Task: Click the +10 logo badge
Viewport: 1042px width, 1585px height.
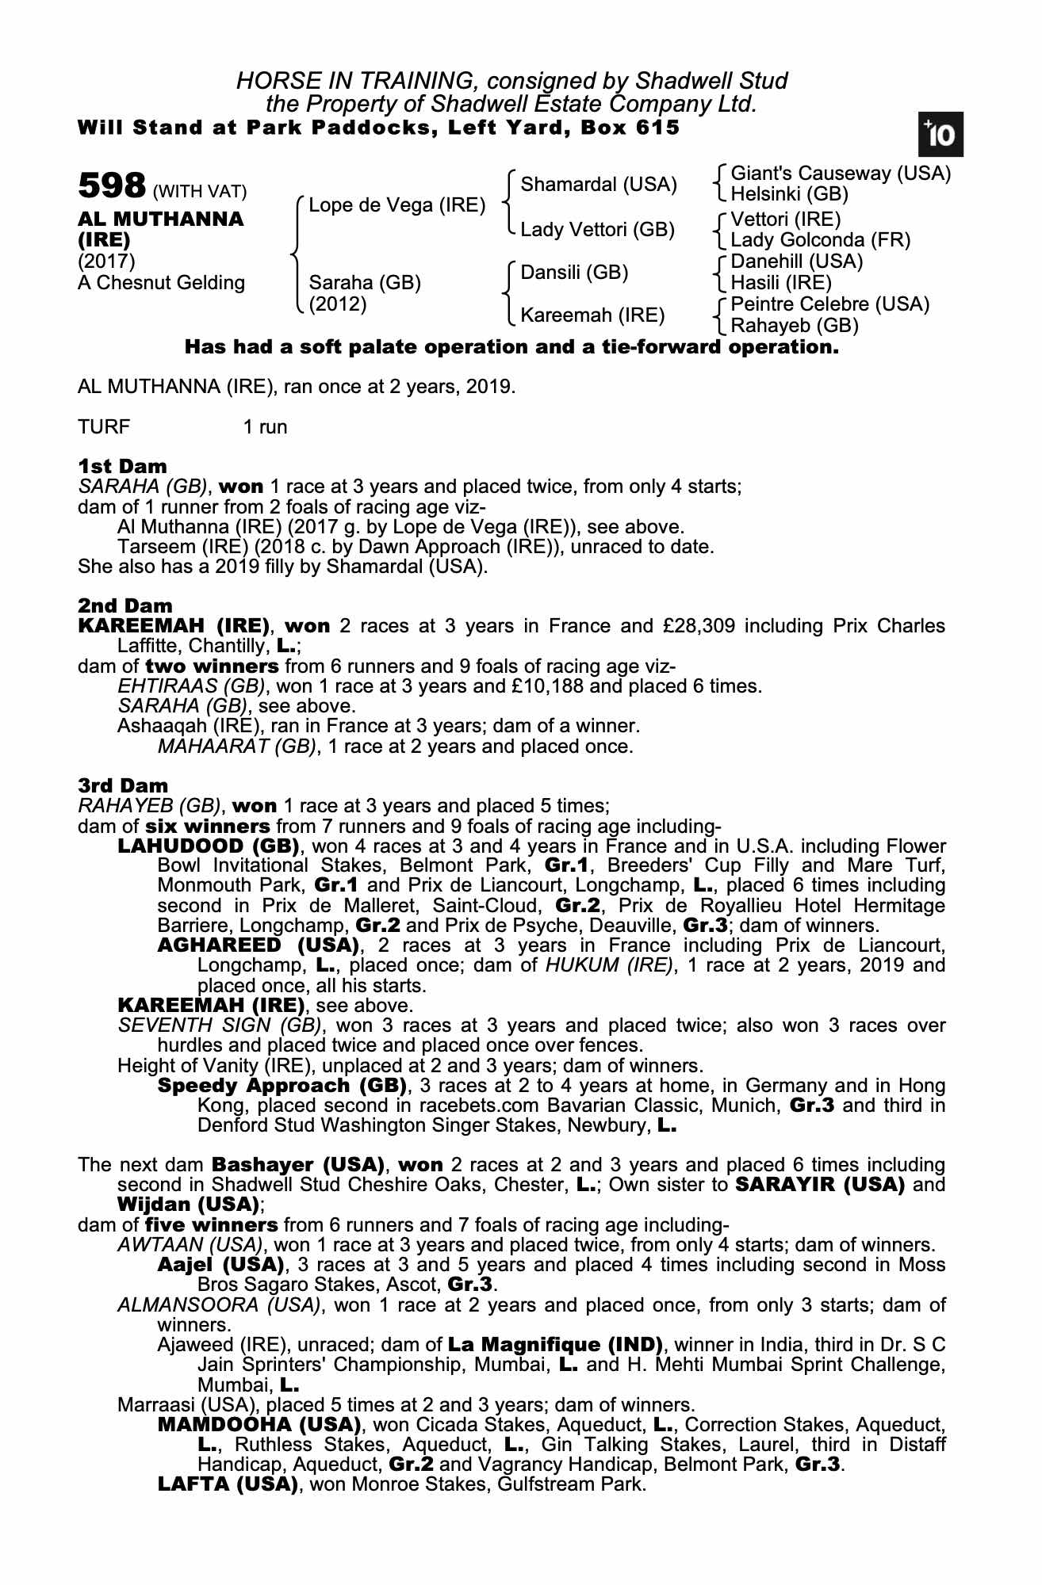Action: (940, 136)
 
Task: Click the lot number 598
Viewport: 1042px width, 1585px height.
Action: (112, 187)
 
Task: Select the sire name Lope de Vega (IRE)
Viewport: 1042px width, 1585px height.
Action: (396, 205)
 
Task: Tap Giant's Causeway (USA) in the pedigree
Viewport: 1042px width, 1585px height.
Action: (840, 174)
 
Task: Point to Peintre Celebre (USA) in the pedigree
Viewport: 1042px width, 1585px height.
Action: (829, 304)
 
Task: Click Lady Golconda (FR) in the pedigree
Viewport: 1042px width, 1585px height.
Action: (820, 239)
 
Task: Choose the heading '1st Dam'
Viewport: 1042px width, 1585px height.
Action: (122, 465)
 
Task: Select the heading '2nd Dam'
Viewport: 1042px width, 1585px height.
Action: (125, 605)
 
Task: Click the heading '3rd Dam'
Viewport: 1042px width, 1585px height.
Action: (123, 785)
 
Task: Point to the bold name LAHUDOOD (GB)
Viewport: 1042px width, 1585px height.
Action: (208, 846)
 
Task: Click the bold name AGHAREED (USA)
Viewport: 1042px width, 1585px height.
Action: (259, 945)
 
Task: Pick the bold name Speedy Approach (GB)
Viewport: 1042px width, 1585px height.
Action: (282, 1085)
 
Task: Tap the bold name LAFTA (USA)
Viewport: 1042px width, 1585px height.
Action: (228, 1484)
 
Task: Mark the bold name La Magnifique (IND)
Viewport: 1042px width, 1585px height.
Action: (555, 1344)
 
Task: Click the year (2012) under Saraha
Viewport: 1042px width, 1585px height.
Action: (338, 304)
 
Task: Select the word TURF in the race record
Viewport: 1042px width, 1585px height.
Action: (104, 427)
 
